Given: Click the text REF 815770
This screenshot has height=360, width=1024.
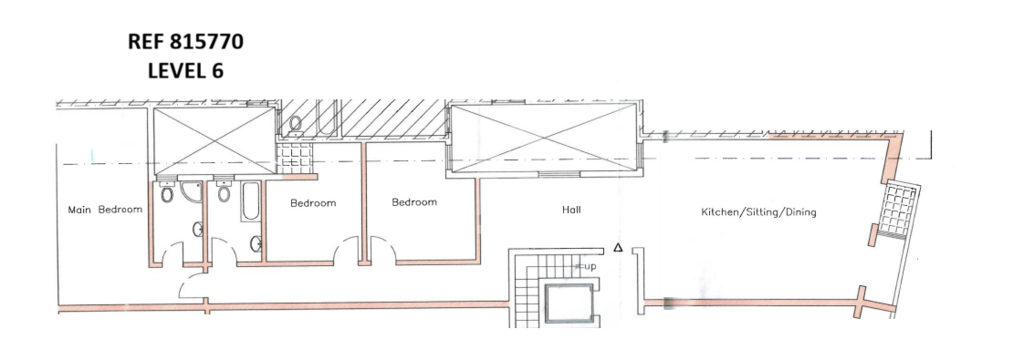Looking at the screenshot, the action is [185, 42].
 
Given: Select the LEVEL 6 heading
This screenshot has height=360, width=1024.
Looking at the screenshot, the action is [185, 71].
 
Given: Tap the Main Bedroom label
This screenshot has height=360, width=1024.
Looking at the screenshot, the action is [105, 210].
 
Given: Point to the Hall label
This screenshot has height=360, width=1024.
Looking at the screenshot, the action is [571, 210].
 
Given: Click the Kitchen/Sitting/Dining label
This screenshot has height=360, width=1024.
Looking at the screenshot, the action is [759, 212].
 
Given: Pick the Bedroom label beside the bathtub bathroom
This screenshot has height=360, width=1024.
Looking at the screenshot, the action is [313, 203].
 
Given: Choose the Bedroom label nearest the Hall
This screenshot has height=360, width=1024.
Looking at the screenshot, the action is [414, 202].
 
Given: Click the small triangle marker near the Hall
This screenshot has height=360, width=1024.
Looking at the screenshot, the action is [618, 248].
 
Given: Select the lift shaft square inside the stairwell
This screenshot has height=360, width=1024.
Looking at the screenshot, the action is [569, 303].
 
